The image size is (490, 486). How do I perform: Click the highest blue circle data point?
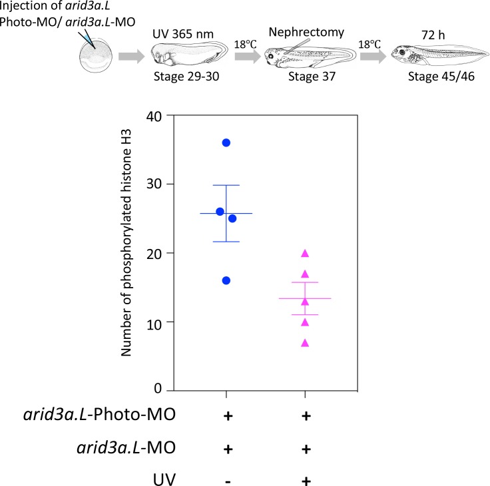[226, 143]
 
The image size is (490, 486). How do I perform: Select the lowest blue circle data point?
[226, 280]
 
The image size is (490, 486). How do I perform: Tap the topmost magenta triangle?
[305, 253]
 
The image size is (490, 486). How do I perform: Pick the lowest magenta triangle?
[305, 343]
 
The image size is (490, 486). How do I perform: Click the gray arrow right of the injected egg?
[132, 56]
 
